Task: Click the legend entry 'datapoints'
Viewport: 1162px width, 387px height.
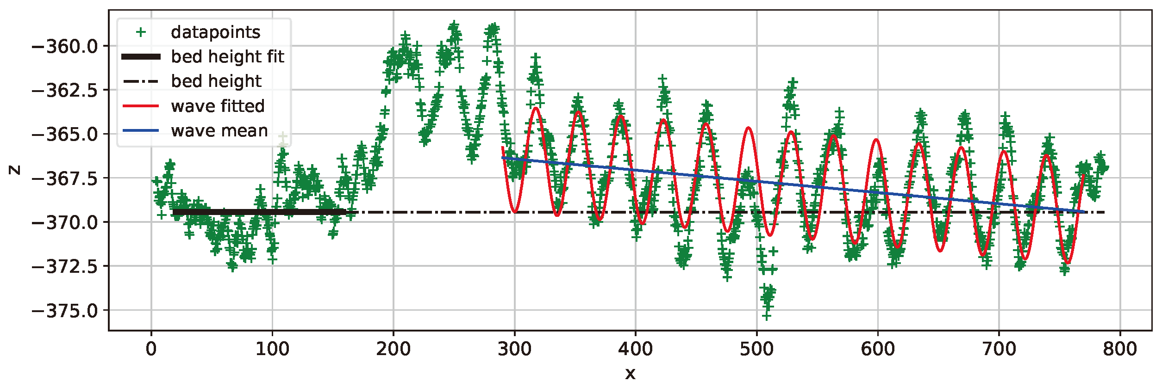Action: [215, 32]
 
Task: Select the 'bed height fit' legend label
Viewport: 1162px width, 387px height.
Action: [227, 57]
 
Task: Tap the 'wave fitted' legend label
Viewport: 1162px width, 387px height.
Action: [218, 106]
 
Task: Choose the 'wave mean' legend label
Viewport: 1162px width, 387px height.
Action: [219, 131]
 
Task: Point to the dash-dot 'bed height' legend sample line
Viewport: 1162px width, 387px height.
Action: [141, 82]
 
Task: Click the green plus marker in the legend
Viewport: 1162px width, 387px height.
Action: [141, 32]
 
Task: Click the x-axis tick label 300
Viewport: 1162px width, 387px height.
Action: [514, 349]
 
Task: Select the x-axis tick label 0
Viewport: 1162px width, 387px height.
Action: [151, 349]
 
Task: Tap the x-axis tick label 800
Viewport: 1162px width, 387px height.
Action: [1120, 349]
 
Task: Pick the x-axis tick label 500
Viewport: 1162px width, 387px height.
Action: [756, 349]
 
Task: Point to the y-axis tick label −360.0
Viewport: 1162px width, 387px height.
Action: [64, 47]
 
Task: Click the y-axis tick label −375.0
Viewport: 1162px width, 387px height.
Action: [64, 311]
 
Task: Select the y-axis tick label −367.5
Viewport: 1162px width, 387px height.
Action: [64, 178]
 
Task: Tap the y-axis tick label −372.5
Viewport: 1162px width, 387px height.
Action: [64, 267]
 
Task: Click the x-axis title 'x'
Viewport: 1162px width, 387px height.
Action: [630, 373]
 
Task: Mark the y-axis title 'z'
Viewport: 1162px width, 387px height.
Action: [15, 170]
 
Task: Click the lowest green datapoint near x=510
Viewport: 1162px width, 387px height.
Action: [767, 316]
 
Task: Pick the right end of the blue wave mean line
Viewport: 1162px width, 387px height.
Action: [1084, 212]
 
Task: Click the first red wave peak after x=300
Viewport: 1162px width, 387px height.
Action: [536, 108]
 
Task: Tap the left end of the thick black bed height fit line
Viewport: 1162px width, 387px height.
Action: [173, 212]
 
